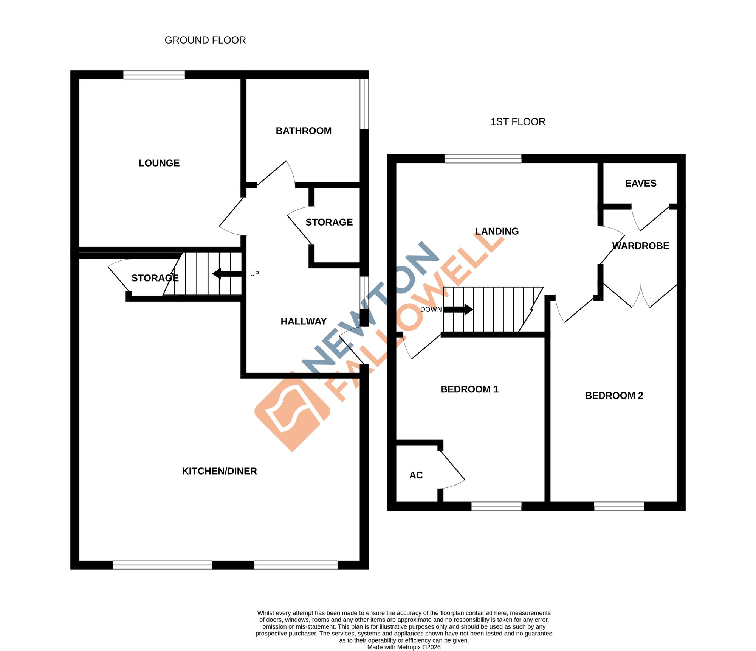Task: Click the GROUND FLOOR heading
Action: [205, 40]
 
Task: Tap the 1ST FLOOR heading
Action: [517, 122]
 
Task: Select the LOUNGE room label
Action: [159, 163]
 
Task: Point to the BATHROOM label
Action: [304, 131]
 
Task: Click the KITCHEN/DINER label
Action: [219, 471]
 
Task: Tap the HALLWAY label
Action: [303, 321]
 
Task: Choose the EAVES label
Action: [640, 184]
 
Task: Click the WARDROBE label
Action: [640, 246]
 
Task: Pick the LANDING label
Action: [497, 231]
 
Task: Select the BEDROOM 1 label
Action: [469, 389]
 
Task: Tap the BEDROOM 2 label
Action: [614, 396]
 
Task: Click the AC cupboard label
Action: [416, 475]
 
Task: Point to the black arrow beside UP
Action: [226, 274]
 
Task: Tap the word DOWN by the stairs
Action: [431, 310]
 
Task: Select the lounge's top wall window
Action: [154, 75]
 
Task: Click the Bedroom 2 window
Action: [619, 506]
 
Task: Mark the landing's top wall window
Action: [483, 159]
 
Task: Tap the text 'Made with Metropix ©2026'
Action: [404, 647]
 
